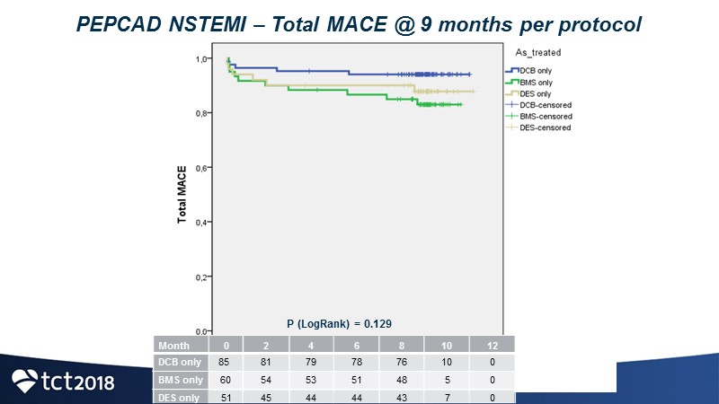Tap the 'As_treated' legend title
pyautogui.click(x=538, y=53)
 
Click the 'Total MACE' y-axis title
pyautogui.click(x=182, y=194)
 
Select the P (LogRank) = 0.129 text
pyautogui.click(x=339, y=323)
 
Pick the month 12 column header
pyautogui.click(x=492, y=345)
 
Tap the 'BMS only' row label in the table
pyautogui.click(x=180, y=380)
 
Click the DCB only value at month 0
pyautogui.click(x=226, y=363)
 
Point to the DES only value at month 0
pyautogui.click(x=226, y=397)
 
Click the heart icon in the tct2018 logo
pyautogui.click(x=25, y=381)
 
